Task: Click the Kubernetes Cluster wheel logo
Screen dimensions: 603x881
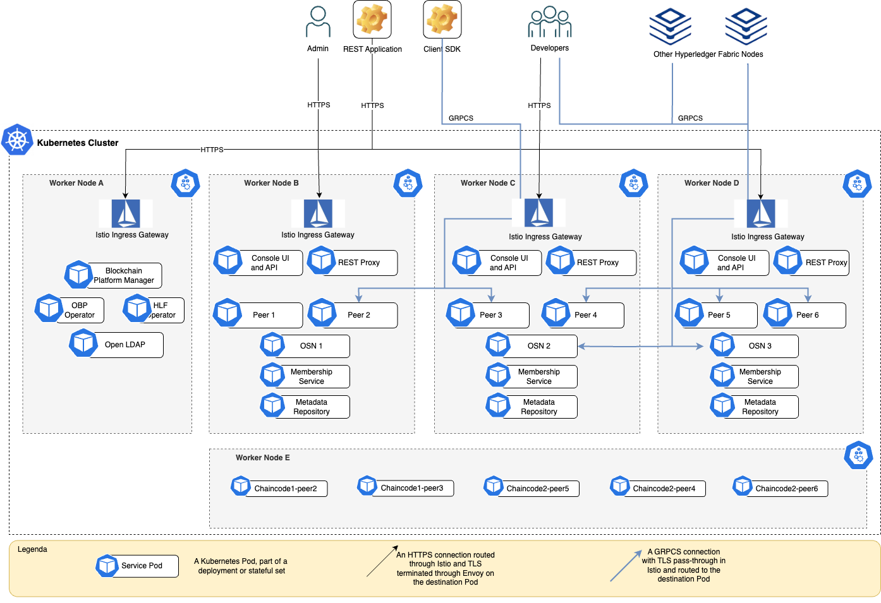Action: click(17, 140)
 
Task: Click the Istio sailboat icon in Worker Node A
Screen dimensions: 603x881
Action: click(126, 213)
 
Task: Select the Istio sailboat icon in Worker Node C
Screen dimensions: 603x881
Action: click(538, 213)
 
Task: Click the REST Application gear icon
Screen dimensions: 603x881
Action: click(372, 19)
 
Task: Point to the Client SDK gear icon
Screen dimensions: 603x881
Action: click(442, 19)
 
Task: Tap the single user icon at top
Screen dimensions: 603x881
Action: click(318, 22)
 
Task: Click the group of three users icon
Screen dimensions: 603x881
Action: click(550, 22)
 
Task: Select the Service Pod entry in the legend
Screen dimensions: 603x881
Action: click(137, 566)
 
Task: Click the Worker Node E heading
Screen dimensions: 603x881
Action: click(263, 458)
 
